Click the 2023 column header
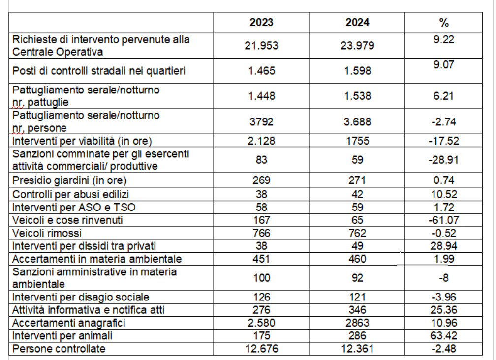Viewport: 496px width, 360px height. click(261, 23)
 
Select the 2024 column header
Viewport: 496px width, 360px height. click(357, 23)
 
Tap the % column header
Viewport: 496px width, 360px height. click(444, 23)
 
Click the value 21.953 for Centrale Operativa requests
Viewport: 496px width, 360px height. click(261, 46)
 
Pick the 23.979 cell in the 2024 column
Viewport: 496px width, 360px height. click(357, 46)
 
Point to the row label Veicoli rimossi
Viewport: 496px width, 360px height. click(47, 232)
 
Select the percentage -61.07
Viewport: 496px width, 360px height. click(444, 220)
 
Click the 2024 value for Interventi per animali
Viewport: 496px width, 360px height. click(357, 336)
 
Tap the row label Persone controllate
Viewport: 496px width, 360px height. click(60, 349)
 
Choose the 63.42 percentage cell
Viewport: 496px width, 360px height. click(444, 336)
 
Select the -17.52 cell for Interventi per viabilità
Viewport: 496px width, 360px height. click(444, 141)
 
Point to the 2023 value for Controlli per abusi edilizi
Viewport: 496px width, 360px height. click(261, 194)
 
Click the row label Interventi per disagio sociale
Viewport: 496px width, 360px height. click(81, 297)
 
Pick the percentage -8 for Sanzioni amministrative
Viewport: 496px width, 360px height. click(444, 278)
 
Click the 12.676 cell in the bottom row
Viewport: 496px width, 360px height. click(261, 349)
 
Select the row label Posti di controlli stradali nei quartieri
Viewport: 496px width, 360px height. click(99, 71)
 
